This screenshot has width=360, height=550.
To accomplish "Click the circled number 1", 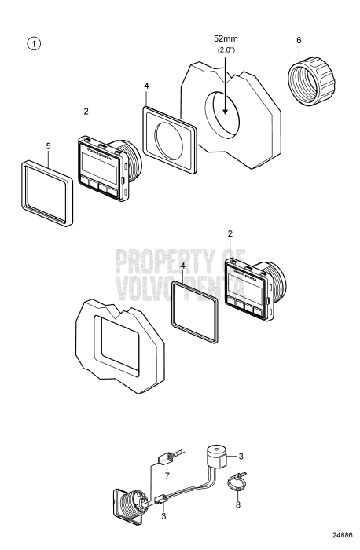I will tap(35, 44).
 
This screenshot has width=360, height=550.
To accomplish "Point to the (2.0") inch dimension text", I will tap(226, 49).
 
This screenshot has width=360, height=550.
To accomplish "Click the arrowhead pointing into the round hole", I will tap(226, 111).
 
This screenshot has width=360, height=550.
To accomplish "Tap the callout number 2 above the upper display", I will tap(86, 112).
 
